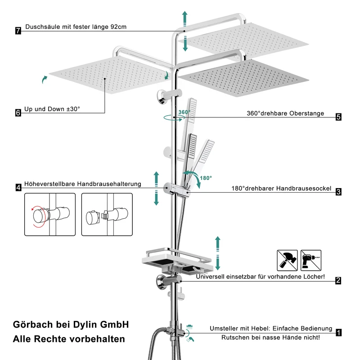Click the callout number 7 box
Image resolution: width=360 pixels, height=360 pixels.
pyautogui.click(x=18, y=31)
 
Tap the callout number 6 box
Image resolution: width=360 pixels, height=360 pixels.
pyautogui.click(x=18, y=113)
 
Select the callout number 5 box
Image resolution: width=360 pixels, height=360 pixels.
pyautogui.click(x=338, y=117)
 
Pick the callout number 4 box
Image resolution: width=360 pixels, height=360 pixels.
pyautogui.click(x=18, y=188)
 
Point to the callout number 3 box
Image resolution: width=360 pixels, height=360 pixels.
pyautogui.click(x=338, y=192)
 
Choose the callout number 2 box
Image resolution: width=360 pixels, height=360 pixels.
pyautogui.click(x=338, y=280)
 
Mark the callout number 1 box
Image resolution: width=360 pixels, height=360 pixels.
pyautogui.click(x=338, y=333)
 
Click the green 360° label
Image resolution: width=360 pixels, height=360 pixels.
pyautogui.click(x=184, y=112)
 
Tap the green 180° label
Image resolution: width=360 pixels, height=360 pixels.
pyautogui.click(x=206, y=178)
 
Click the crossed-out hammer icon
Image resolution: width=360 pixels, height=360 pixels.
pyautogui.click(x=287, y=261)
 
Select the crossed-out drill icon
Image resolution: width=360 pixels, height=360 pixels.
pyautogui.click(x=311, y=261)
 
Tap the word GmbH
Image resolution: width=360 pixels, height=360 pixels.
pyautogui.click(x=115, y=324)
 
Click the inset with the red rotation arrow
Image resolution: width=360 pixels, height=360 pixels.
pyautogui.click(x=50, y=215)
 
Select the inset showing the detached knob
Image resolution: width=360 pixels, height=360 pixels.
pyautogui.click(x=107, y=215)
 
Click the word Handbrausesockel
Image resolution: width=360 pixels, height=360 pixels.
pyautogui.click(x=303, y=189)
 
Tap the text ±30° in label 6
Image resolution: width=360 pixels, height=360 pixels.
pyautogui.click(x=73, y=109)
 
